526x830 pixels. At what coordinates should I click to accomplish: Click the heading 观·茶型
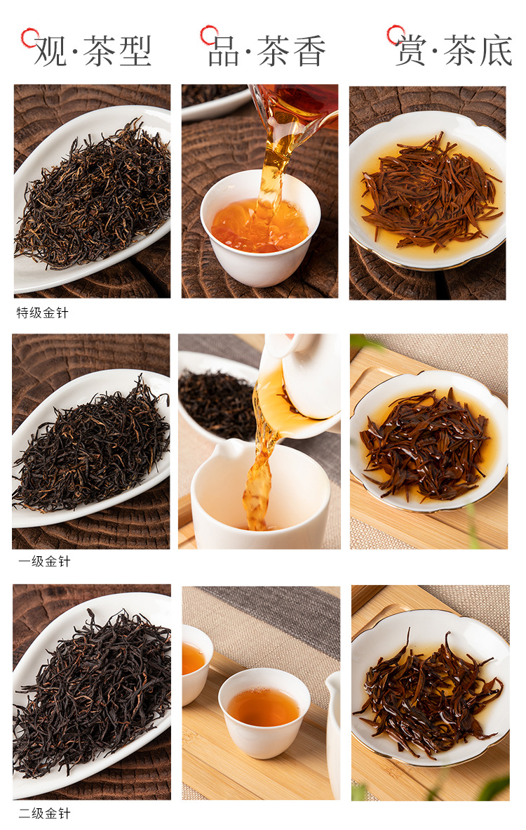(x=93, y=51)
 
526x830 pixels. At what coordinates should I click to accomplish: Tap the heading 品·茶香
(x=267, y=51)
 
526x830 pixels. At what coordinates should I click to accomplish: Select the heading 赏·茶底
(x=454, y=51)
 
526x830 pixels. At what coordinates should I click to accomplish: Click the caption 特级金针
(x=42, y=313)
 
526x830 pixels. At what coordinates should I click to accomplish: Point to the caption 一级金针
(x=44, y=562)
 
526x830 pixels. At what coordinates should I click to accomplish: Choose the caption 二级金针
(x=44, y=813)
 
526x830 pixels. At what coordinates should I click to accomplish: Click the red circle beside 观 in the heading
(x=29, y=38)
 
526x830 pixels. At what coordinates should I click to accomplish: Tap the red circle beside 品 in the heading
(x=209, y=35)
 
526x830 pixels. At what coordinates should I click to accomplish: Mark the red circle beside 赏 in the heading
(x=396, y=34)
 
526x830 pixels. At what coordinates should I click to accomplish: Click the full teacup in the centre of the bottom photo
(x=264, y=712)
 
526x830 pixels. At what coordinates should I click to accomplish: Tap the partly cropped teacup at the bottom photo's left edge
(x=196, y=664)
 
